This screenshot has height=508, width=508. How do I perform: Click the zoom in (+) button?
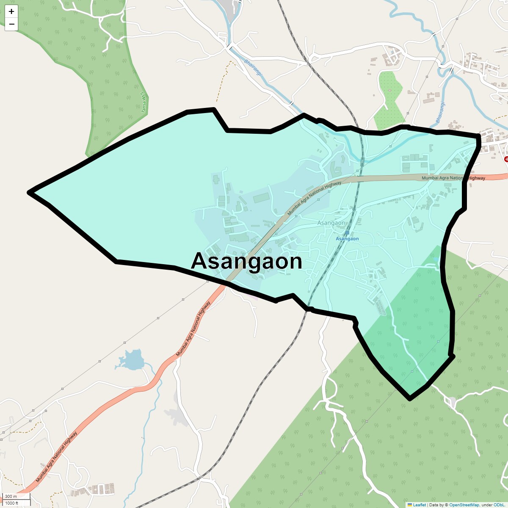11,11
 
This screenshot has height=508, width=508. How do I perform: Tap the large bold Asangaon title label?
246,261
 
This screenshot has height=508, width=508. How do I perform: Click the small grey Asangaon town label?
331,223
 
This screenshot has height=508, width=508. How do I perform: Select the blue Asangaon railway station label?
347,239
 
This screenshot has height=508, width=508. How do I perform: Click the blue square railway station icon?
347,232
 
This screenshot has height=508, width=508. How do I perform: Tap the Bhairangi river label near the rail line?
253,68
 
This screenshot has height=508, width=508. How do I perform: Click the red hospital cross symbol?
506,159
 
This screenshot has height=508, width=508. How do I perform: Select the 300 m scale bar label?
11,496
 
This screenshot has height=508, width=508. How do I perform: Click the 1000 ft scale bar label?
12,503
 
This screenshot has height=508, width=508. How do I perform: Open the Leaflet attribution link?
419,505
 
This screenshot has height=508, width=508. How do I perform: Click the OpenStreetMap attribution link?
464,505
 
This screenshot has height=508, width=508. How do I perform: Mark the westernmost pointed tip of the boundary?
29,193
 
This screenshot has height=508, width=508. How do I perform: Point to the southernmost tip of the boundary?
409,398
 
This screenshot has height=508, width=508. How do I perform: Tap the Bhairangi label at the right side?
440,112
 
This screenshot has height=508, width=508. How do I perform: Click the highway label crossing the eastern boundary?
453,178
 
